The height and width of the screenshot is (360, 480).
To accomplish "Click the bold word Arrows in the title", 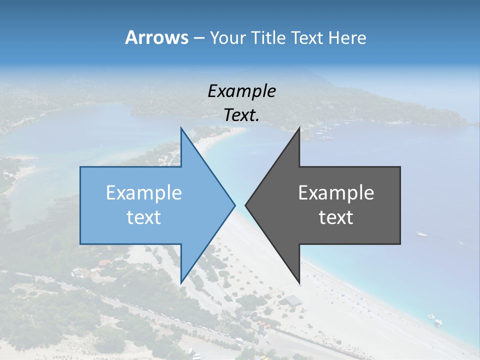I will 157,37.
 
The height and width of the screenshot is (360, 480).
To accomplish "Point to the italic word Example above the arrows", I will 242,91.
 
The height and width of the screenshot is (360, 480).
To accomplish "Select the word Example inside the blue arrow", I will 144,192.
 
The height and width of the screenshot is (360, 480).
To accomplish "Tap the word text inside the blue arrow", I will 144,217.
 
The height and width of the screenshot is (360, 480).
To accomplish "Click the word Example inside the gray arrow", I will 336,192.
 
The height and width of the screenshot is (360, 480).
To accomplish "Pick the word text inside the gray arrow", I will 336,217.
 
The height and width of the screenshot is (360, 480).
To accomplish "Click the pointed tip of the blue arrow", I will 235,204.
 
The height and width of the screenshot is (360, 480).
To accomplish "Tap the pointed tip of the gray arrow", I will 245,204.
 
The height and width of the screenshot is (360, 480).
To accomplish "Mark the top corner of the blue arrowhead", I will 181,128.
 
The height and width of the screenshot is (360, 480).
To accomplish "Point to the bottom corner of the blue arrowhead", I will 181,283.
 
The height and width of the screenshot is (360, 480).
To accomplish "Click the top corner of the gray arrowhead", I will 299,128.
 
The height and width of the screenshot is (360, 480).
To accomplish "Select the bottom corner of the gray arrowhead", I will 299,283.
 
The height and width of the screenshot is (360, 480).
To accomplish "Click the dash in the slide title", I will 198,38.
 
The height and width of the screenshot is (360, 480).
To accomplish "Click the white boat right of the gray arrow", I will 422,233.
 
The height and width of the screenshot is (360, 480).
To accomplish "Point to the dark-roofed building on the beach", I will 293,300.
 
